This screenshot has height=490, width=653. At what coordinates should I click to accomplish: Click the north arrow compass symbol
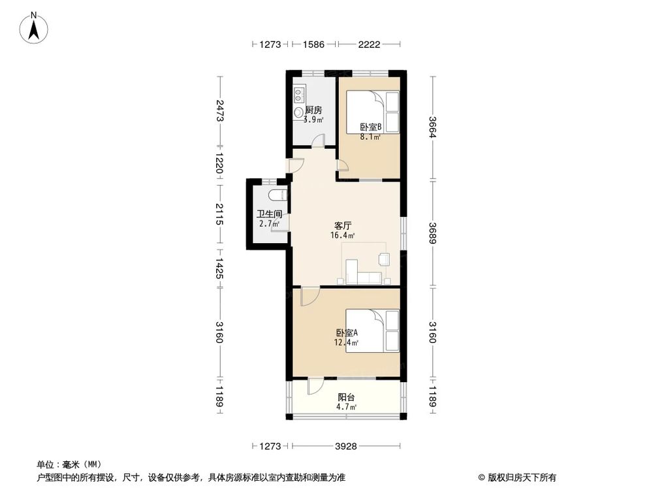coord(34,28)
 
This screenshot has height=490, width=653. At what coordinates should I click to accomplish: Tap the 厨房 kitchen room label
coord(313,110)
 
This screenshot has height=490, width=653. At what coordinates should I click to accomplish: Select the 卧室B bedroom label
coord(371,127)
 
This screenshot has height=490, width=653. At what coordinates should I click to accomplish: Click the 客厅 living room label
coord(343,226)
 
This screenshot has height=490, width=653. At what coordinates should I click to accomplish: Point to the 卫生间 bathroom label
coord(270,214)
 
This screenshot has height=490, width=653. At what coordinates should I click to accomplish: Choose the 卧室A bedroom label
coord(347,333)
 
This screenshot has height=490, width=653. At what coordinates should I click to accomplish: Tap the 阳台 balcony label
coord(347,397)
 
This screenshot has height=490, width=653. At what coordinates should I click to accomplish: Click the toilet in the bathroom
coord(278,195)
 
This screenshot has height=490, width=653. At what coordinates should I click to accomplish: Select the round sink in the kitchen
coord(299,112)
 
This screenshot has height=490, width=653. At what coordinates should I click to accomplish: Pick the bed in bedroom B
coord(373,112)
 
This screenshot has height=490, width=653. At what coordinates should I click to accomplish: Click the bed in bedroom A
coord(372,331)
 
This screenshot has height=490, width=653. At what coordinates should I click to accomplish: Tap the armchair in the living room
coord(384,259)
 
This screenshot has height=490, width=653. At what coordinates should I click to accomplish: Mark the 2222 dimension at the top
coord(369,44)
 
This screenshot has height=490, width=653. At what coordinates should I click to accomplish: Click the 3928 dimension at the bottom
coord(346,446)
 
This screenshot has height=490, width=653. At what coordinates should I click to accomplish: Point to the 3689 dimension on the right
coord(433,233)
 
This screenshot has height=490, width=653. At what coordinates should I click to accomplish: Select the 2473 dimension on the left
coord(220,110)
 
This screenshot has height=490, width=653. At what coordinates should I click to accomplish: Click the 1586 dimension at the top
coord(313,44)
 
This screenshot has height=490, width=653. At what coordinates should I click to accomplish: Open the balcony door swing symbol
coord(315,386)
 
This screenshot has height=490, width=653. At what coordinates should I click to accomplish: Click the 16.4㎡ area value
coord(343,235)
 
